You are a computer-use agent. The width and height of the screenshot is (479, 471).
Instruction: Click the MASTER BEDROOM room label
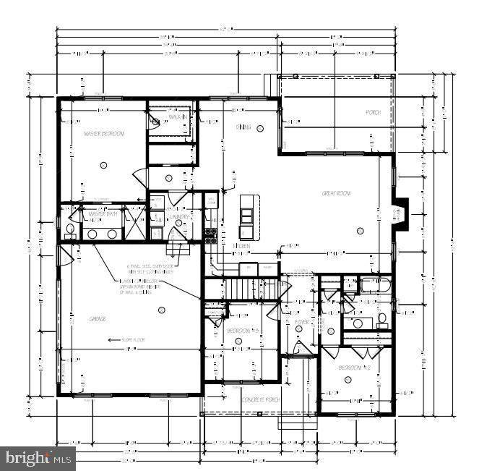click(x=103, y=134)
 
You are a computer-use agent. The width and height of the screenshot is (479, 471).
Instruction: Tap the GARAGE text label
click(x=97, y=318)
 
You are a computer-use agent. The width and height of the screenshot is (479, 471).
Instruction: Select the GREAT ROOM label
click(x=337, y=193)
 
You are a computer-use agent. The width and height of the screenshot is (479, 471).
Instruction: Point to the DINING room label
click(x=243, y=127)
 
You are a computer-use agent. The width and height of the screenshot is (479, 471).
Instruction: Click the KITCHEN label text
click(x=241, y=246)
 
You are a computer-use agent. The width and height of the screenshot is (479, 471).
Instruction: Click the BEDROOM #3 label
click(x=243, y=331)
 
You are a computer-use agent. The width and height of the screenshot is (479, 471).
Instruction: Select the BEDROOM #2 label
click(x=355, y=368)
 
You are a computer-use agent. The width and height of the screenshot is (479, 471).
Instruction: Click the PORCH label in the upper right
click(x=373, y=113)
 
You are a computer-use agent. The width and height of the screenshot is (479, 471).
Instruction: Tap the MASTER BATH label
click(x=103, y=214)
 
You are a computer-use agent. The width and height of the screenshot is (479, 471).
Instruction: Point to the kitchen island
click(x=247, y=216)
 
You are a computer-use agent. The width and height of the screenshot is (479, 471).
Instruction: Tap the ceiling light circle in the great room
click(x=360, y=231)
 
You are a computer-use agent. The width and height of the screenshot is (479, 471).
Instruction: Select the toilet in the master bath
click(x=70, y=231)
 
